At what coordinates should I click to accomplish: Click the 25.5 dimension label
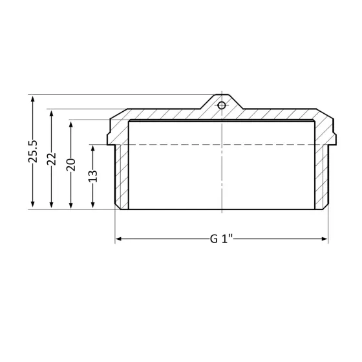tap(33, 152)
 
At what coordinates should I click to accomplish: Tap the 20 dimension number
tap(71, 164)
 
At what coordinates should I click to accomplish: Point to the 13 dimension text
tap(92, 175)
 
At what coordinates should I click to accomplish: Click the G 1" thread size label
tap(221, 240)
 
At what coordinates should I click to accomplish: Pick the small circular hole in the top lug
tap(221, 105)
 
